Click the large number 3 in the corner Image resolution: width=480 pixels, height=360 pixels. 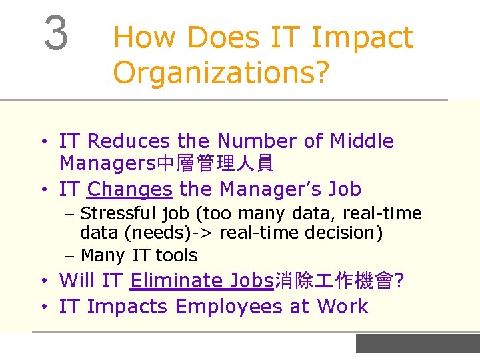56,33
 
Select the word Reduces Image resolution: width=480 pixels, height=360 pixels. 129,141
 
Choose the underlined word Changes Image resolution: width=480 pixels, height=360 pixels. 130,189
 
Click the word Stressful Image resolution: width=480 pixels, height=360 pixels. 119,213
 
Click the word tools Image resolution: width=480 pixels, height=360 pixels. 177,255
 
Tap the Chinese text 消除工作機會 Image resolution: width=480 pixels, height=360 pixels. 334,281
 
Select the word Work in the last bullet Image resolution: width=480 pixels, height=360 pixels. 343,307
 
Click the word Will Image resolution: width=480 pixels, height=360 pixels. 78,281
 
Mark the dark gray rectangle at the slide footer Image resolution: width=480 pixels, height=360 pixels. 417,343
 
